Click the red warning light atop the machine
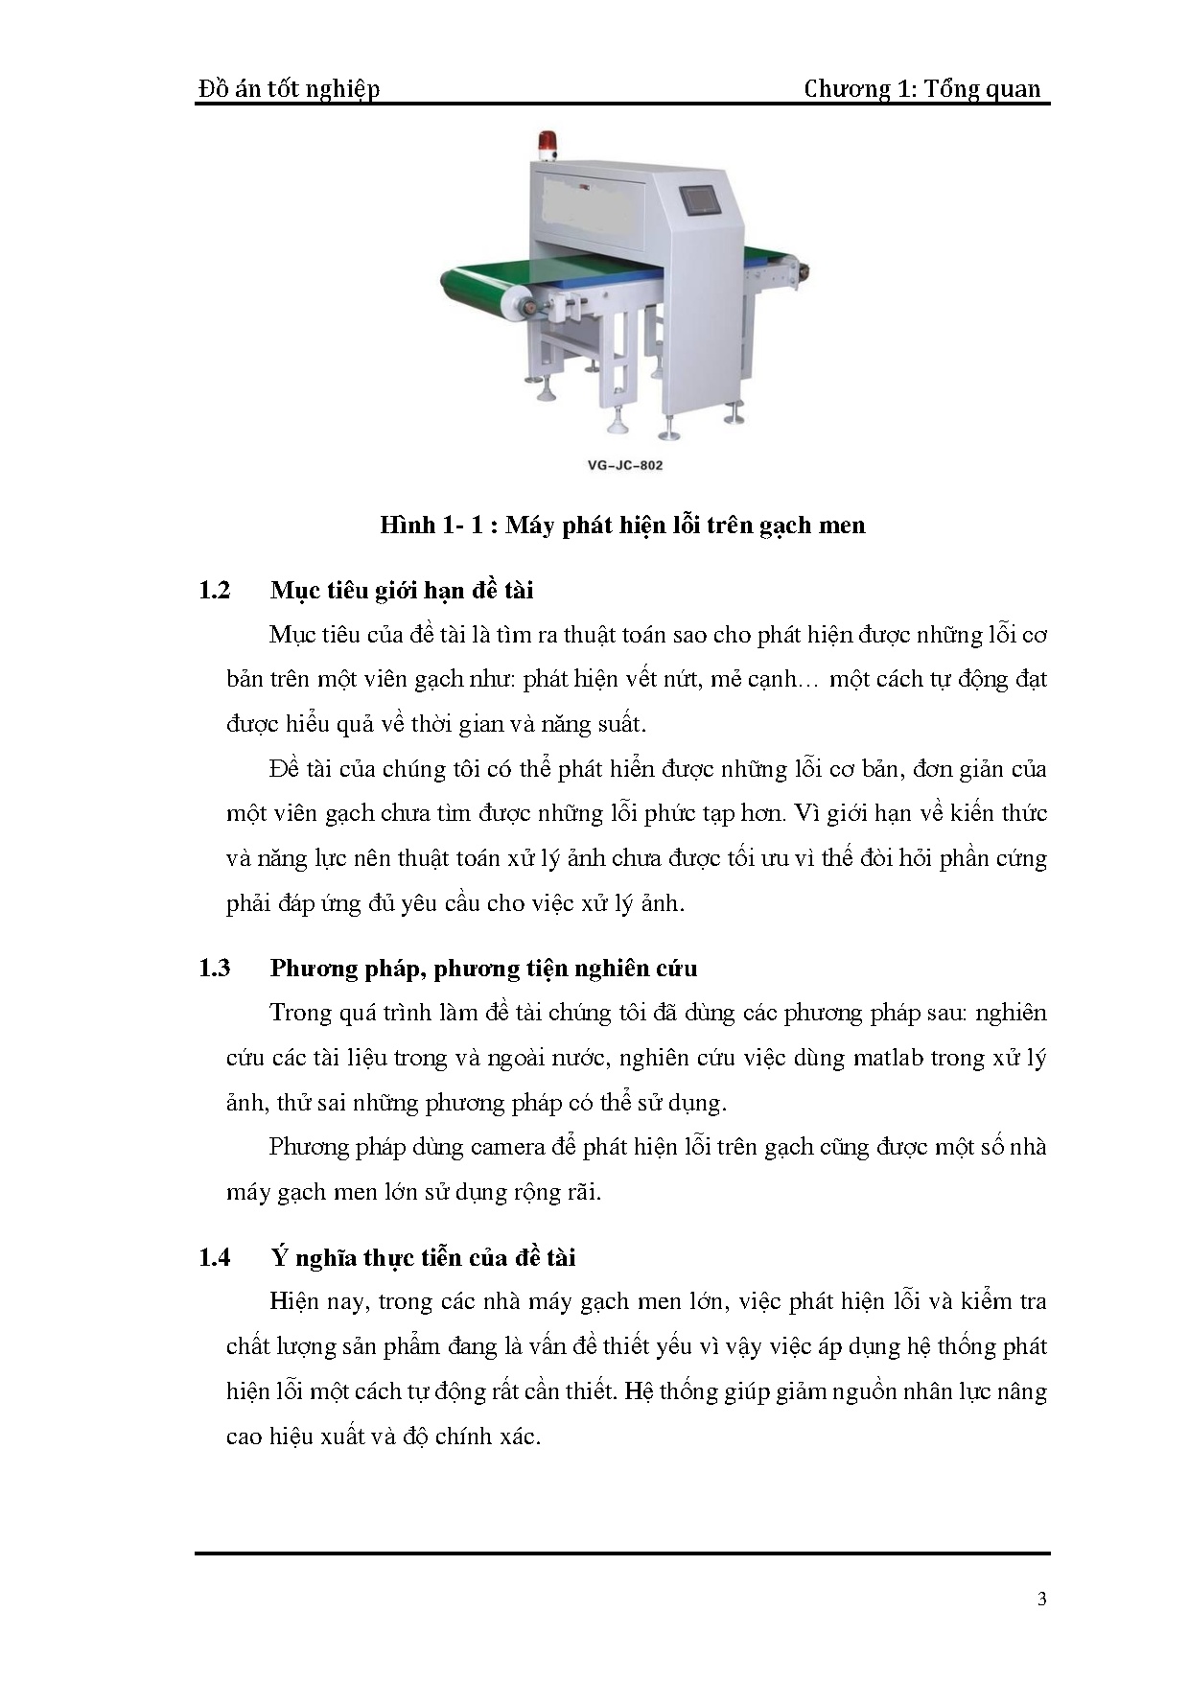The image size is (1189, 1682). click(x=550, y=143)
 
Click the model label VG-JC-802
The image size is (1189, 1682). click(x=624, y=466)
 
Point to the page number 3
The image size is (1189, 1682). click(x=1042, y=1599)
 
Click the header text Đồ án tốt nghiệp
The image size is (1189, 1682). click(x=289, y=89)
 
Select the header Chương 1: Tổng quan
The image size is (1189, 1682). click(x=921, y=89)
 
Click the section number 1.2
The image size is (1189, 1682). click(x=215, y=590)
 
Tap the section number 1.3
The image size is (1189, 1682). click(x=215, y=968)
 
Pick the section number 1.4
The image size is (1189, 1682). click(x=215, y=1257)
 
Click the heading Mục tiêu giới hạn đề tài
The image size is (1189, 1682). click(x=401, y=590)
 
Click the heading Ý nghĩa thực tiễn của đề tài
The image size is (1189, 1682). click(x=422, y=1257)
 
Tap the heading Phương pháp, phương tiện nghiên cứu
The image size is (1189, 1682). click(x=483, y=968)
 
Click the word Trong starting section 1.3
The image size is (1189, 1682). click(x=299, y=1013)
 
